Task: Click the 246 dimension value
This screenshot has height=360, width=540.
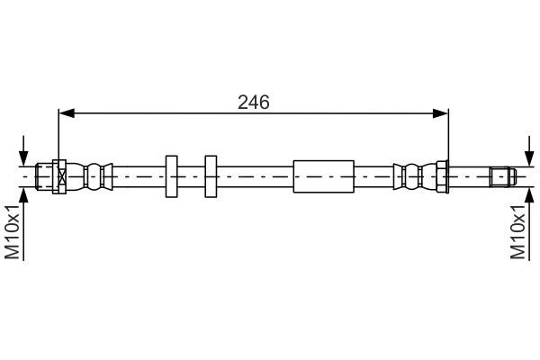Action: click(x=253, y=102)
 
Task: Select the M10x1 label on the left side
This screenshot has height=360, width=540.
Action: click(x=13, y=231)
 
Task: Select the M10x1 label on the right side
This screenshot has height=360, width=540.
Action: click(x=517, y=231)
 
